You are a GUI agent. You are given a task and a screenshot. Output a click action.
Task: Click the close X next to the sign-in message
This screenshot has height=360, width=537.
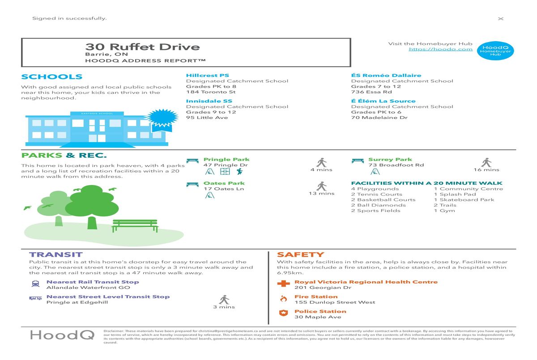tap(501, 19)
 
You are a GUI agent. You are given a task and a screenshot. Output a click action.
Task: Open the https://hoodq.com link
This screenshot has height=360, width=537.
tap(441, 49)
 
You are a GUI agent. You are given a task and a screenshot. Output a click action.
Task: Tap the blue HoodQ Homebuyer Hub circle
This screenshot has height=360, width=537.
tap(495, 51)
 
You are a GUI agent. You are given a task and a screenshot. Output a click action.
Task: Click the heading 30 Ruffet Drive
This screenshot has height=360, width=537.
tap(142, 47)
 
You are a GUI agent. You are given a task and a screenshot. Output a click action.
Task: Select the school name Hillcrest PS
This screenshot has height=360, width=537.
tap(208, 76)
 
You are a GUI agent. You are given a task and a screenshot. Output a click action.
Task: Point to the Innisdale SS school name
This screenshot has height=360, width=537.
tap(209, 101)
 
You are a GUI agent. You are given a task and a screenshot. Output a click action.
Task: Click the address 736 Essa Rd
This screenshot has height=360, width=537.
tap(371, 92)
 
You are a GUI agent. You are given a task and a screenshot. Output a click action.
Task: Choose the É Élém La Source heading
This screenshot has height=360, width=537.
tap(383, 101)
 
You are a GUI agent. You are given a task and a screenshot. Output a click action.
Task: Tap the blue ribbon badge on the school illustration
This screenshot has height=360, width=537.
tap(162, 120)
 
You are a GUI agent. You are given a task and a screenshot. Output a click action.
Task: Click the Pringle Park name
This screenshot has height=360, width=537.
tap(226, 160)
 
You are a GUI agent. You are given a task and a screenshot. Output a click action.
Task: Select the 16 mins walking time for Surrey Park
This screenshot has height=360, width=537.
tap(486, 170)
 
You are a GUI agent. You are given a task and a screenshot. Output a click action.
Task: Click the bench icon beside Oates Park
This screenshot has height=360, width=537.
tap(192, 185)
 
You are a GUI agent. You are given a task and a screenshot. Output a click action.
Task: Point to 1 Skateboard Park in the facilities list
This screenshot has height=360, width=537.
tap(464, 200)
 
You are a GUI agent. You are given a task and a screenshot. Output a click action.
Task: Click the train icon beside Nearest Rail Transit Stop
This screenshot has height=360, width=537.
tap(35, 284)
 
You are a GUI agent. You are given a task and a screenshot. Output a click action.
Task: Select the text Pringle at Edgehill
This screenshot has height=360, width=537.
tap(77, 302)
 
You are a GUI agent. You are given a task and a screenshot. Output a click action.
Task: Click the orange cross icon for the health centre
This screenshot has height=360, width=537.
tap(283, 284)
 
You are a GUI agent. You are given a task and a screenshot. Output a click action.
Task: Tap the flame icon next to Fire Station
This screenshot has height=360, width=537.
tap(284, 299)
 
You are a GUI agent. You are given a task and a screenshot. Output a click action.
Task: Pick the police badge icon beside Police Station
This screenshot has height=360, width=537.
tap(284, 313)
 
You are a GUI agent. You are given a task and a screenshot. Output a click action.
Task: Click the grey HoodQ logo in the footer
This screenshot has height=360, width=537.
tap(62, 335)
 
